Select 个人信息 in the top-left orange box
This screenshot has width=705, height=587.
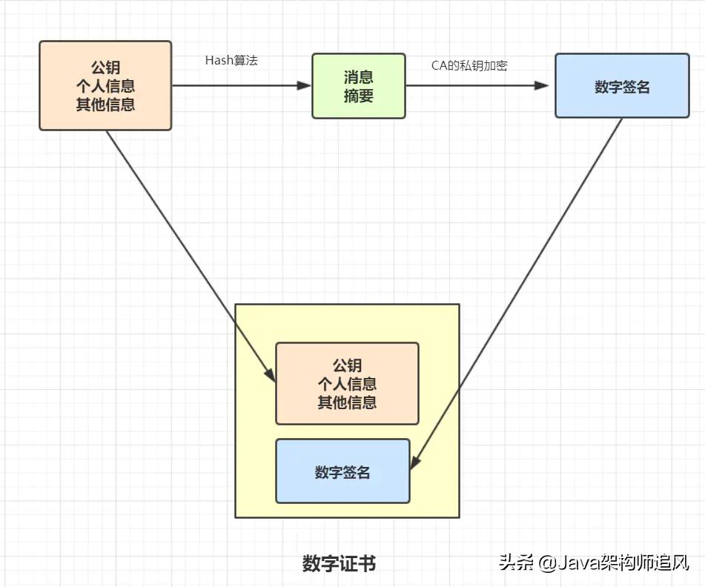105,87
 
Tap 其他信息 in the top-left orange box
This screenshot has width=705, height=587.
105,104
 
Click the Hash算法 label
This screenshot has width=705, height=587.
231,61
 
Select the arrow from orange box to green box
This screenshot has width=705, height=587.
241,85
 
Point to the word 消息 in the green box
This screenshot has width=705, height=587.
358,77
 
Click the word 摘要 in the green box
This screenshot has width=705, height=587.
358,96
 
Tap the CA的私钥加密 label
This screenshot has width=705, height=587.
469,65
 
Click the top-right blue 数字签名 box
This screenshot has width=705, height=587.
621,87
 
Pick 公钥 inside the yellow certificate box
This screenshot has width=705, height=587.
347,365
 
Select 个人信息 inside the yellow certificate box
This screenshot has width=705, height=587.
347,383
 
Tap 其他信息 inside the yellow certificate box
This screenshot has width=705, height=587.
347,402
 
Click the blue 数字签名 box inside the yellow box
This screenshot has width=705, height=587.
342,471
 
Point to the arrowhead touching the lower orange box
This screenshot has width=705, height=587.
271,375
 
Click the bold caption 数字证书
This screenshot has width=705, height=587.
339,563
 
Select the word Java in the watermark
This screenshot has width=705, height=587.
577,563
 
